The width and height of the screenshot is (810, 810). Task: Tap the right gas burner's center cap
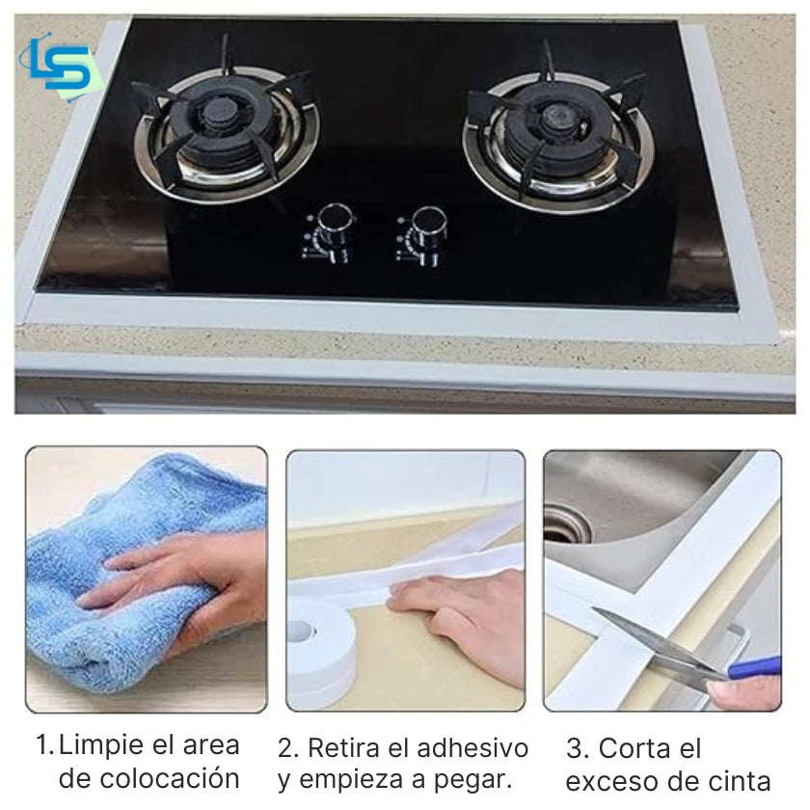click(554, 123)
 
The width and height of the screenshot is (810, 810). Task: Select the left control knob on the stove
click(333, 225)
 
